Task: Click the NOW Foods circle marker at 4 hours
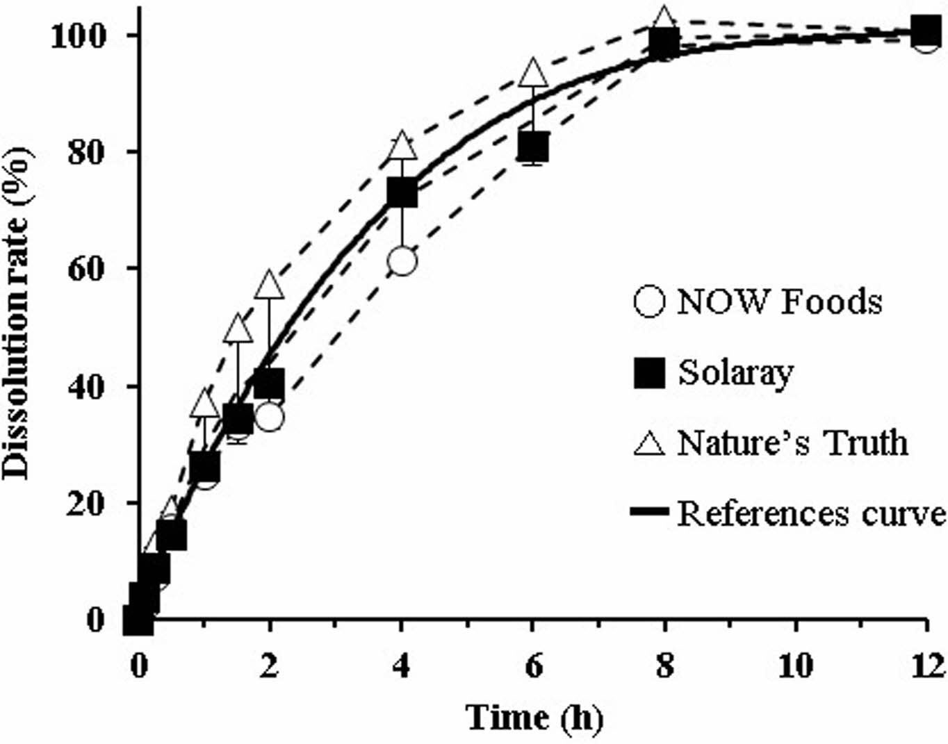402,261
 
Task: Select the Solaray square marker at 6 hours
533,147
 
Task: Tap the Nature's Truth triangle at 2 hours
270,285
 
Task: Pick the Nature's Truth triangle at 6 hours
533,72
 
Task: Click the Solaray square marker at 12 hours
926,31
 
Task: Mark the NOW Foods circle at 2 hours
270,417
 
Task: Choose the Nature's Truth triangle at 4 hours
402,146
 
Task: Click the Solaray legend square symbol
649,373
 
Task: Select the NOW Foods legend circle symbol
649,302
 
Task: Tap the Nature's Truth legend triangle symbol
649,443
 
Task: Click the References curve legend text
810,513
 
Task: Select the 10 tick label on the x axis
794,666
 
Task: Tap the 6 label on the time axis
533,666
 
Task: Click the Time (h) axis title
534,716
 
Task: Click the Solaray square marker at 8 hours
664,44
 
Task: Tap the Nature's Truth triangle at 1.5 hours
238,329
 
